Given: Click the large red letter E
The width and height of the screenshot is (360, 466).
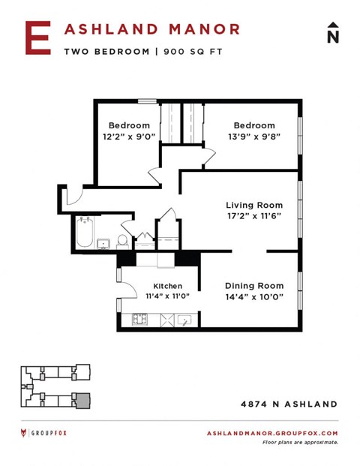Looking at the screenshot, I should point(37,38).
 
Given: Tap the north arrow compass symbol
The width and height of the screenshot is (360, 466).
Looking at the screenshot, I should point(332,33).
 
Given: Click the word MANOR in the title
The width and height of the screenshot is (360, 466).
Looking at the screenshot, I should point(203,29).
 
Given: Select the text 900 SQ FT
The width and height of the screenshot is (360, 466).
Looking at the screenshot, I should point(191,51).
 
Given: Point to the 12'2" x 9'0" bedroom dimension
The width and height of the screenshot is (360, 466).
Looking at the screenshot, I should point(128,137).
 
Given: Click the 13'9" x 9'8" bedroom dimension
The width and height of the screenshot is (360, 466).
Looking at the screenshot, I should point(253,137).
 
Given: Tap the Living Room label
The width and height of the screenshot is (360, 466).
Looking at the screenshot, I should point(254,205).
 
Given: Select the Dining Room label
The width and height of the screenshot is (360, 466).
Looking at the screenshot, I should point(254,285).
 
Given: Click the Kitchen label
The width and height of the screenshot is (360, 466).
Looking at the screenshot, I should point(167,286).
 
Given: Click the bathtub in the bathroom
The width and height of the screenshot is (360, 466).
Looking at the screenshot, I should point(84,233).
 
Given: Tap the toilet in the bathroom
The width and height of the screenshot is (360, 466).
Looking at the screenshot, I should point(122,240).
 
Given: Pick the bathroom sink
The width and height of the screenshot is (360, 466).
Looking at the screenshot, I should point(104,242).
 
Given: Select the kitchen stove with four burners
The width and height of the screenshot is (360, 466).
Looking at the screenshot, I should point(141,319).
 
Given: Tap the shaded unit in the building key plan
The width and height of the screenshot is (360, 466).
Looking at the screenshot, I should point(82,400).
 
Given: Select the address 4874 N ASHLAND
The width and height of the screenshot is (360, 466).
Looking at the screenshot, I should point(289,404).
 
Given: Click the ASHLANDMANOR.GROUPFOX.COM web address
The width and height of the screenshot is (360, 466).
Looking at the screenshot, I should point(271,433).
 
